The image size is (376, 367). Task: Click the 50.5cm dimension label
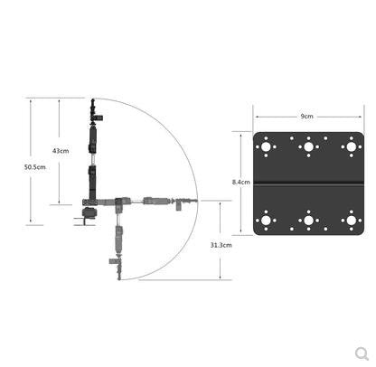click(35, 167)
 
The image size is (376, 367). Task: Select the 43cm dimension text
click(61, 151)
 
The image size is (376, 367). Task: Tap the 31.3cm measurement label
click(221, 245)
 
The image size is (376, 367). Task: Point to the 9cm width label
click(306, 117)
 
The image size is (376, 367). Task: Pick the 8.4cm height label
click(241, 182)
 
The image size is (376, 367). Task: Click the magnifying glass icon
click(362, 353)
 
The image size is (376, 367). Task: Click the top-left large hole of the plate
click(266, 147)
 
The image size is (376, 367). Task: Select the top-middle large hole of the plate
click(308, 147)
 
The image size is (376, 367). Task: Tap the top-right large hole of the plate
click(352, 147)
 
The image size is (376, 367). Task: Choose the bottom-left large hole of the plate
click(266, 221)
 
